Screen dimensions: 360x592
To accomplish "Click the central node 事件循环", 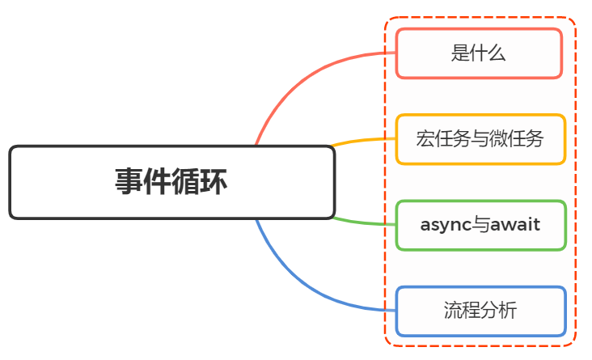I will tap(171, 182).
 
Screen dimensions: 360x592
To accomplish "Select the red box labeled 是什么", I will tap(478, 53).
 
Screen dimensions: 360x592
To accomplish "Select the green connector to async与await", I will tap(364, 222).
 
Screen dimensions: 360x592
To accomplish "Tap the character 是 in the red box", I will tap(459, 54).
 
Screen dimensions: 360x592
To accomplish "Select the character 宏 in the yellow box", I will tap(425, 139).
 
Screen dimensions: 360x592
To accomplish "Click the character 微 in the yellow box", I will tap(498, 139).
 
